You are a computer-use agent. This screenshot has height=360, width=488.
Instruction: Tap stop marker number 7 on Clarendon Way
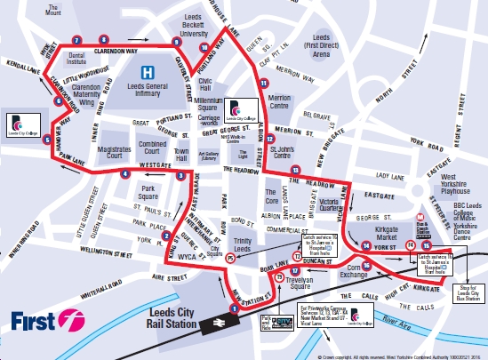tap(78, 40)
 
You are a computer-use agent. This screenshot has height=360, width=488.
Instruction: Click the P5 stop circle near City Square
tap(230, 259)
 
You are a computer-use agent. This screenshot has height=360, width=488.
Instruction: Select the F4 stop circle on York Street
tap(410, 244)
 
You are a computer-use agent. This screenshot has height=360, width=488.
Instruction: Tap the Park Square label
tap(145, 193)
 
